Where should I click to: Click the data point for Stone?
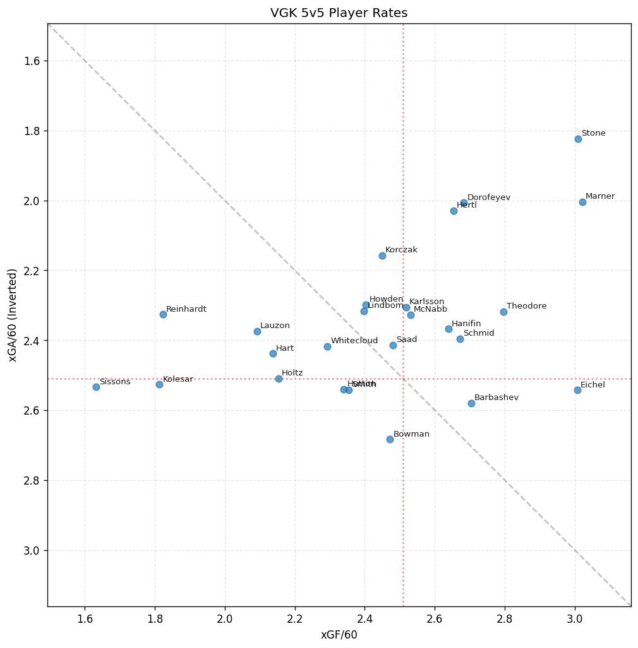[x=578, y=139]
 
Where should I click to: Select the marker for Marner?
[x=582, y=202]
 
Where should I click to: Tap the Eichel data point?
[x=577, y=390]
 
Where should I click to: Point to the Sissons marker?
[x=96, y=387]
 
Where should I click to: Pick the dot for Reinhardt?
[x=163, y=314]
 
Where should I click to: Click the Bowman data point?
[x=390, y=439]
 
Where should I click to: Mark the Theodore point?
[x=503, y=312]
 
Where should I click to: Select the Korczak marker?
[x=382, y=256]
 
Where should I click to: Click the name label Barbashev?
[x=496, y=398]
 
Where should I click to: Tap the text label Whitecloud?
[x=354, y=341]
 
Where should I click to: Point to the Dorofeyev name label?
[x=488, y=197]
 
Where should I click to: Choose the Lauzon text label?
[x=275, y=326]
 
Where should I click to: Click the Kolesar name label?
[x=178, y=379]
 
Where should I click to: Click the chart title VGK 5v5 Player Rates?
[x=339, y=13]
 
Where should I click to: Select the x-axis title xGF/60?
[x=339, y=635]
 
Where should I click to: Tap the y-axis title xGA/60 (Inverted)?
[x=13, y=315]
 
